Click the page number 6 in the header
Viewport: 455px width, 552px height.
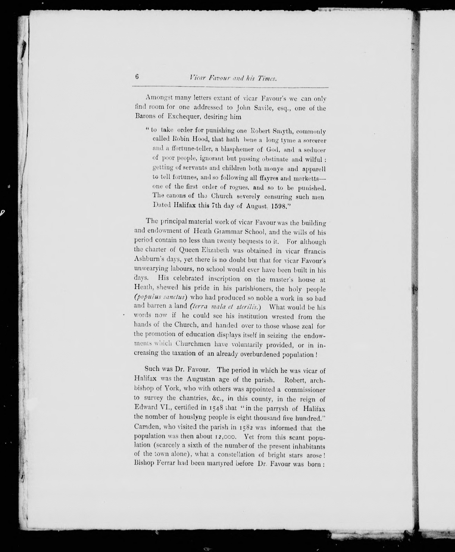pos(137,77)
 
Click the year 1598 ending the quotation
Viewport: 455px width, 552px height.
pos(280,206)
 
